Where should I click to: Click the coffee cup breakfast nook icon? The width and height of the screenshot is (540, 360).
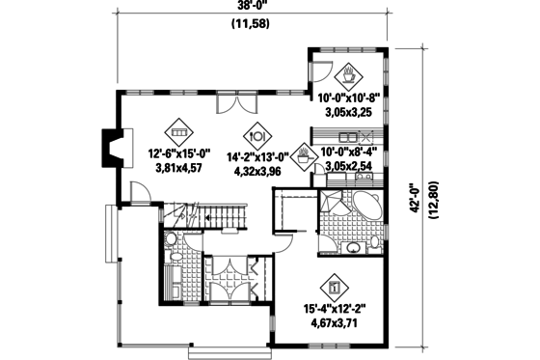tap(347, 73)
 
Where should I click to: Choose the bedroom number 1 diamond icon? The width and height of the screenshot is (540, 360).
tap(335, 287)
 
